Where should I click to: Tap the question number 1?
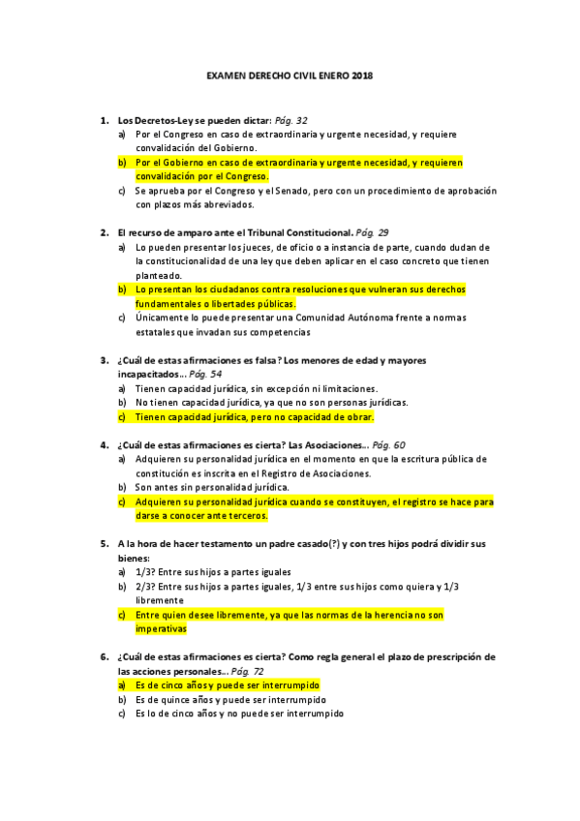104,120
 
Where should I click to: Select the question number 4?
104,445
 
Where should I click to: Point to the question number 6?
104,656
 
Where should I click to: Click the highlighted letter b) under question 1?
122,163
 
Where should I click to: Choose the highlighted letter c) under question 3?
122,416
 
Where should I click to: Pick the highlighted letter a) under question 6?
122,684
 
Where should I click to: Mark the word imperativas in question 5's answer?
161,628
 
